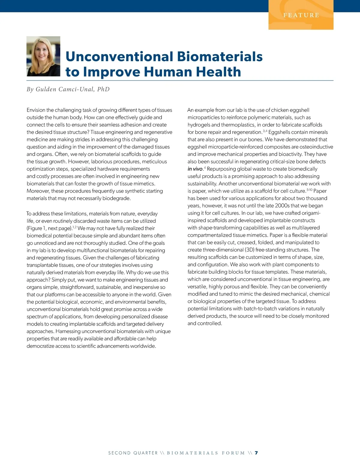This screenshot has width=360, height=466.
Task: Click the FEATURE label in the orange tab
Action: click(x=301, y=15)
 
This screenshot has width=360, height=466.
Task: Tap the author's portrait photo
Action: click(x=43, y=56)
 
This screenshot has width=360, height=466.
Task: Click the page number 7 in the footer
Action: click(x=256, y=453)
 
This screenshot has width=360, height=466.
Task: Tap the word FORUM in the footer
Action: click(x=233, y=453)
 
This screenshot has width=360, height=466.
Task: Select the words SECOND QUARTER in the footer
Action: click(x=133, y=453)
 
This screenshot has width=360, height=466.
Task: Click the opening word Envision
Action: click(x=36, y=110)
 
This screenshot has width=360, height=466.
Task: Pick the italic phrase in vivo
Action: click(x=195, y=169)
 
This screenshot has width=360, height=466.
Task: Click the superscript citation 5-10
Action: click(x=309, y=190)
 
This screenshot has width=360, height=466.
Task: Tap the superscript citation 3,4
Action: click(x=265, y=131)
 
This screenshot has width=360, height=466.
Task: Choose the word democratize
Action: click(x=40, y=346)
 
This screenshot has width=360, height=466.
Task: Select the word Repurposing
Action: click(x=221, y=169)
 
